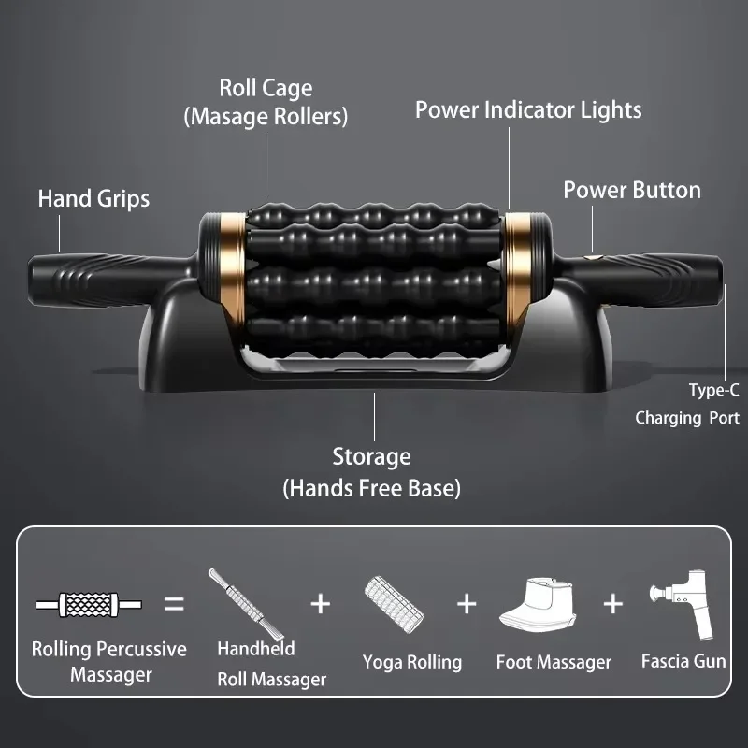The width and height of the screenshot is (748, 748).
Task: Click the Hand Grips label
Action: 93,198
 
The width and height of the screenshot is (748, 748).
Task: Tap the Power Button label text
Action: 631,190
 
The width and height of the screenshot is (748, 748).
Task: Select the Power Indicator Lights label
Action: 528,109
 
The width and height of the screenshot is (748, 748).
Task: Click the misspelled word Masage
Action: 228,117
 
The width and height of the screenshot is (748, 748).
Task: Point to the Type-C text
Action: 713,390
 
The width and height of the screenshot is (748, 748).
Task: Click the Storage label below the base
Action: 371,457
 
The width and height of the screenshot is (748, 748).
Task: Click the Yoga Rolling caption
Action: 412,662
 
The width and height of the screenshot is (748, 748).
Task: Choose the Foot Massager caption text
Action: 554,662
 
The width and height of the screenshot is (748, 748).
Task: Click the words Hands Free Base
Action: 371,487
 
